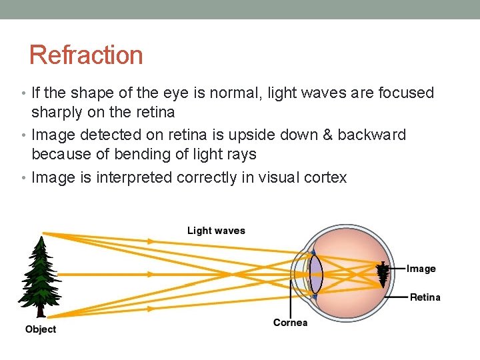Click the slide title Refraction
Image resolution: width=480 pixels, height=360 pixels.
pos(86,55)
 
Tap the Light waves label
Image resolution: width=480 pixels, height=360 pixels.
pos(216,231)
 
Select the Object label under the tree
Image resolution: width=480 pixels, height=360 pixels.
pos(41,329)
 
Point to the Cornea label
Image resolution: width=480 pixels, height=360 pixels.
pos(290,323)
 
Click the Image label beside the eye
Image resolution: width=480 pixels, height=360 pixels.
pos(421,269)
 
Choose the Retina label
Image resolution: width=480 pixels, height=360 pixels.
pos(425,297)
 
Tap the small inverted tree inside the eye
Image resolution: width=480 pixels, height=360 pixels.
pos(383,273)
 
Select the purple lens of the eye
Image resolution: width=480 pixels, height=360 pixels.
pos(316,274)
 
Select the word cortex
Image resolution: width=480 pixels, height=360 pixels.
pos(325,177)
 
